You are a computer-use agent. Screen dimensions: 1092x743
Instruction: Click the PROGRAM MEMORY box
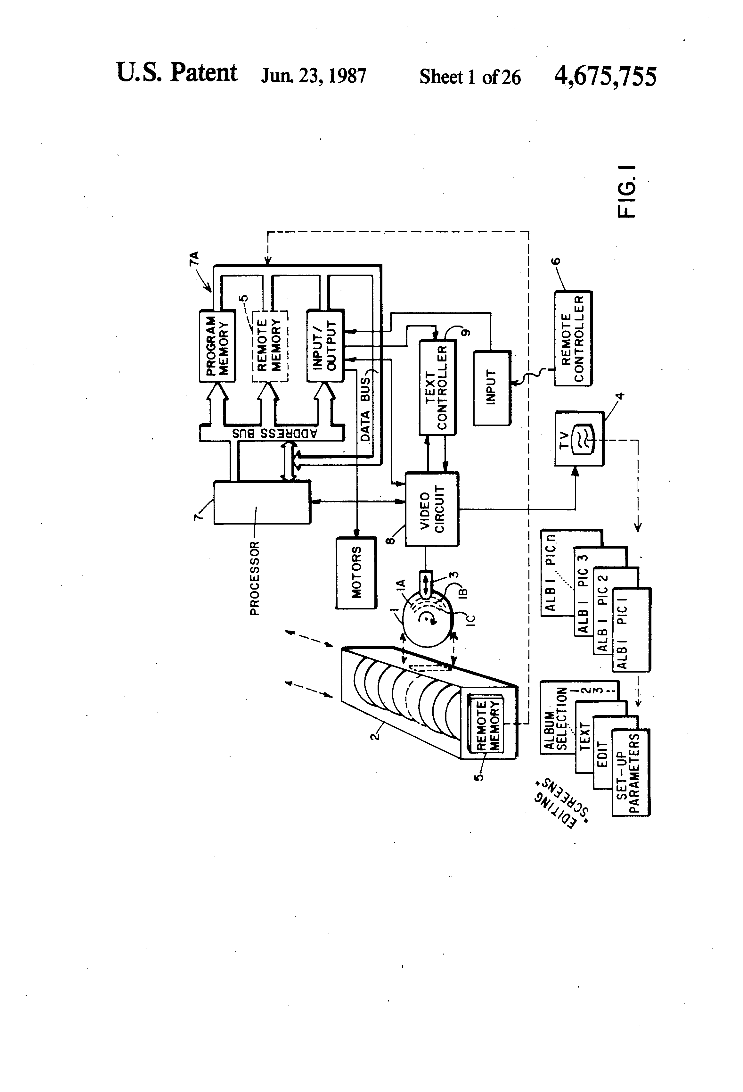[217, 346]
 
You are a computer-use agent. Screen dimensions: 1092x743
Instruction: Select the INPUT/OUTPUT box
[325, 346]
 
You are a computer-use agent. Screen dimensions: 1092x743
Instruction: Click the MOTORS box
[356, 573]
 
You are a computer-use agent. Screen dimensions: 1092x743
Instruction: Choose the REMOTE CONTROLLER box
[573, 338]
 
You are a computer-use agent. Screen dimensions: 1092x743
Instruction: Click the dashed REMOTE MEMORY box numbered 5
[270, 346]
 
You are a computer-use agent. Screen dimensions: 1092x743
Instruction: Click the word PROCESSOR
[254, 578]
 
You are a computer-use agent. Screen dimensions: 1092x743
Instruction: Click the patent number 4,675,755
[605, 76]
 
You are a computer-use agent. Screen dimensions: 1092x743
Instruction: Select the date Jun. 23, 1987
[313, 76]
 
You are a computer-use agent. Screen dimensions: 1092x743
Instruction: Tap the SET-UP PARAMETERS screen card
[630, 773]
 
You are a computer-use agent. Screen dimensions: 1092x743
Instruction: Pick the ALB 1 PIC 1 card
[631, 630]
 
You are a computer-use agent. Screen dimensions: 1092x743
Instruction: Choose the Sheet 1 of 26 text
[469, 77]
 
